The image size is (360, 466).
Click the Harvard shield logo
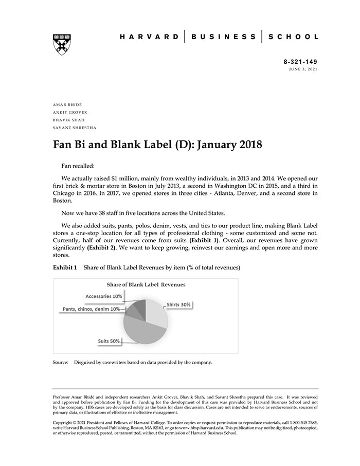(x=62, y=44)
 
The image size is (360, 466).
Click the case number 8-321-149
(x=300, y=62)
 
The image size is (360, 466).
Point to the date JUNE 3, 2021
(x=303, y=69)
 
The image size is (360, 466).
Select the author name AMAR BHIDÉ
(x=67, y=104)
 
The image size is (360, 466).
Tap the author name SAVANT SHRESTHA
(x=75, y=128)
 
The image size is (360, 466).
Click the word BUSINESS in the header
(x=223, y=37)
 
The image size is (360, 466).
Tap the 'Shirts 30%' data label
(x=178, y=304)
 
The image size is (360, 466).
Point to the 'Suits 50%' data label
(x=109, y=341)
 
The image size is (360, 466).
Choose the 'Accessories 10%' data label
(x=104, y=296)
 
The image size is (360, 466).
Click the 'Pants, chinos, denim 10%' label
(x=92, y=309)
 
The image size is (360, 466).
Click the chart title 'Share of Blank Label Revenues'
(x=146, y=284)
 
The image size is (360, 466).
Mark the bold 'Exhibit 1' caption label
(x=65, y=268)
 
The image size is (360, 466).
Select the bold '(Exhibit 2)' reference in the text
(x=101, y=247)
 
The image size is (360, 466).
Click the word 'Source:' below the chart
(x=61, y=362)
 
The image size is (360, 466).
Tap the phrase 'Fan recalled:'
(x=78, y=166)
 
